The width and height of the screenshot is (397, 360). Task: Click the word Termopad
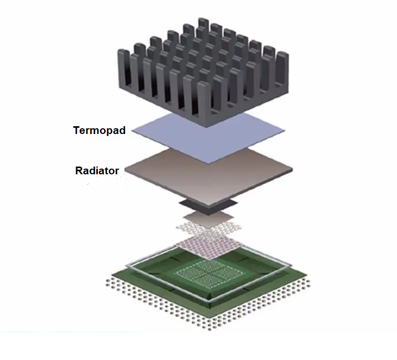tap(99, 130)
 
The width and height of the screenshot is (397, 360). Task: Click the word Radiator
tap(97, 170)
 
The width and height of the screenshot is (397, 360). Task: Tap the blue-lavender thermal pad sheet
tap(207, 136)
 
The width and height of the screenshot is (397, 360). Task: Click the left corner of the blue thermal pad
tap(134, 131)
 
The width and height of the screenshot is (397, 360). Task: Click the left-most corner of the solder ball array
tap(107, 281)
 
